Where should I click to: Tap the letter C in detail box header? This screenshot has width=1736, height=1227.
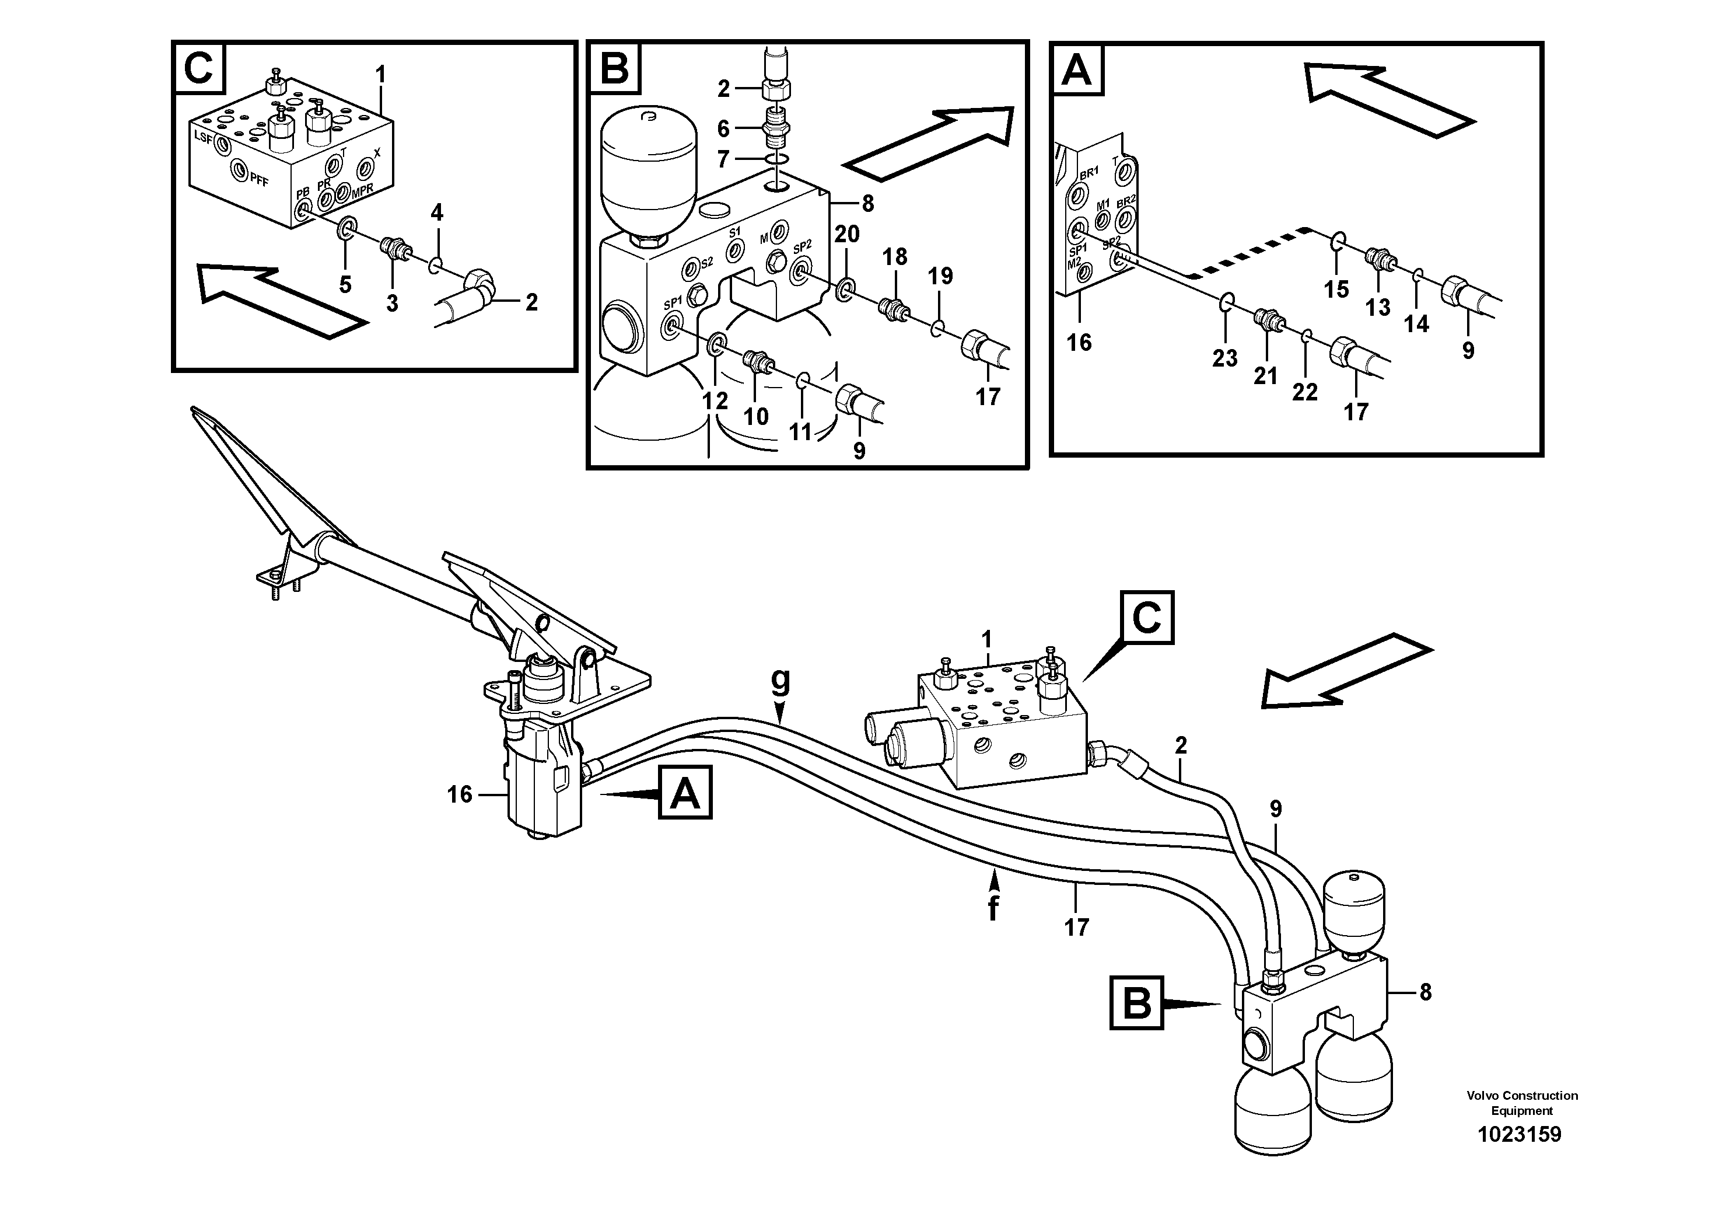click(198, 69)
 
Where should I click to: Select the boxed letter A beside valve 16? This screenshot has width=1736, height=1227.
click(685, 793)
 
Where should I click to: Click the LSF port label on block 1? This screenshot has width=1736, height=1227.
click(204, 138)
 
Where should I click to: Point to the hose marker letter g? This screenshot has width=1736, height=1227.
click(780, 682)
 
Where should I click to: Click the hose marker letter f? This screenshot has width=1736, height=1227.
click(993, 908)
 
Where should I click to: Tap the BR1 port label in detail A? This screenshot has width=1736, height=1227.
click(1088, 173)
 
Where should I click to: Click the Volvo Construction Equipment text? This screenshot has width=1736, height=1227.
click(1521, 1103)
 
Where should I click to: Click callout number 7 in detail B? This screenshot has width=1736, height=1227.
click(723, 159)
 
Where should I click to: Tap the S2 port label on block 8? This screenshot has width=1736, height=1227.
click(706, 264)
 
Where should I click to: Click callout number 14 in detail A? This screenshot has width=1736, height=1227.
click(1416, 325)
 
